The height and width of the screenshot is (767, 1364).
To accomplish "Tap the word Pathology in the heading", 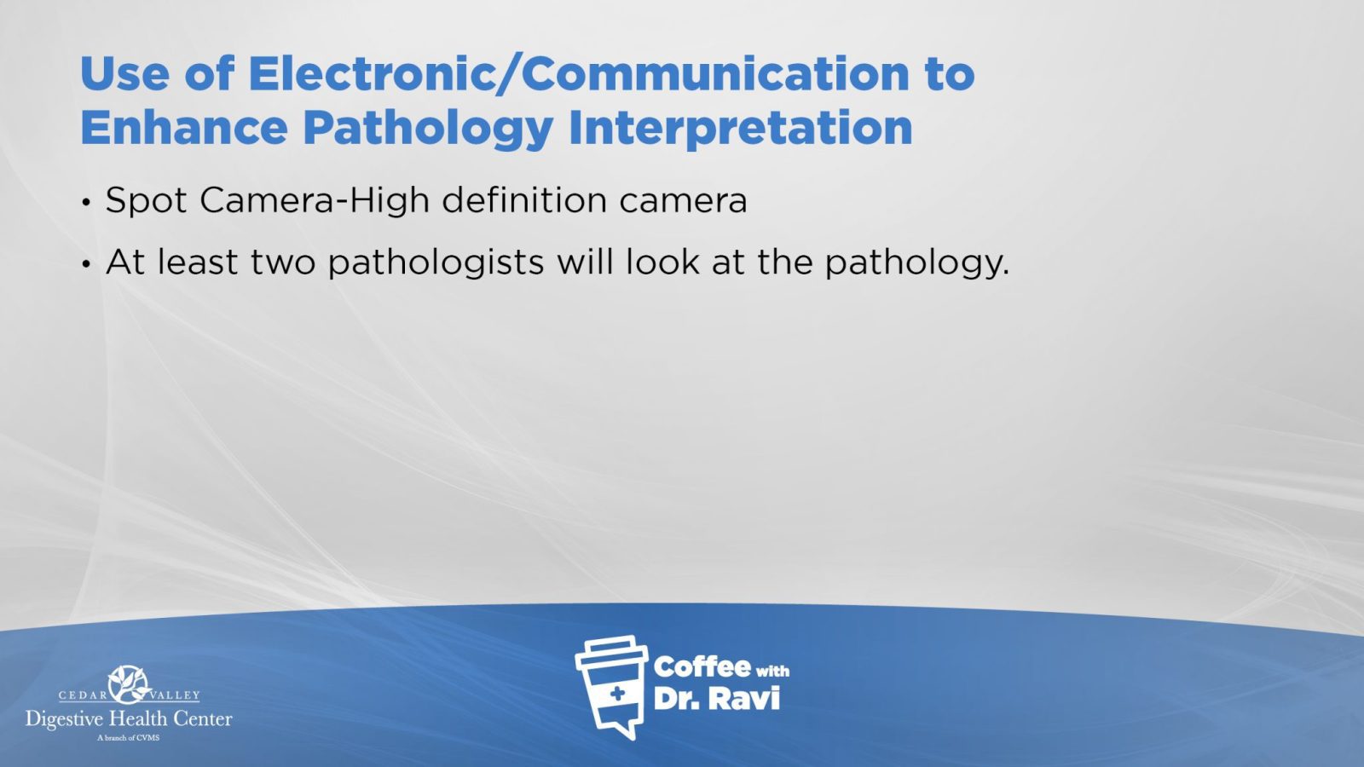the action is [x=428, y=130].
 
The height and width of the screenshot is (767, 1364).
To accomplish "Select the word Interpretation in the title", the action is [x=741, y=129].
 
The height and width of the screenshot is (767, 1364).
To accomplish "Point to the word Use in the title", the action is [x=124, y=73].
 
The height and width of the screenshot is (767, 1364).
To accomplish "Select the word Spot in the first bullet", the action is [x=146, y=201].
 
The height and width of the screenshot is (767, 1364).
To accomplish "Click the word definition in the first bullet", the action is [x=524, y=199].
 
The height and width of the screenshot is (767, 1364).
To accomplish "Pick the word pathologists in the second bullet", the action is [x=436, y=262].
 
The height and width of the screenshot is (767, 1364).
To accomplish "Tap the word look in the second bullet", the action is [x=662, y=261].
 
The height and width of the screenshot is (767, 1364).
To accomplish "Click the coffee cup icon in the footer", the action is [x=611, y=686].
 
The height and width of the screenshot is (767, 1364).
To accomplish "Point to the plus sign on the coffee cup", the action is [x=617, y=693].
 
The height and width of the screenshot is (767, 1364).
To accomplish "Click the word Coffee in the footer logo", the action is [x=702, y=667].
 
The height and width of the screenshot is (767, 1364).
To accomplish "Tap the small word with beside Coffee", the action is [x=772, y=671].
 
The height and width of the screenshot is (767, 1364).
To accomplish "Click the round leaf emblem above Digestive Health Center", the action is [x=129, y=684].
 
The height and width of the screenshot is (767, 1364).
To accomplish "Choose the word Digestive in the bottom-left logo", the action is [x=65, y=720].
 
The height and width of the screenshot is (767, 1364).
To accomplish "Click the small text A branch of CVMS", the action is [x=129, y=738].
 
